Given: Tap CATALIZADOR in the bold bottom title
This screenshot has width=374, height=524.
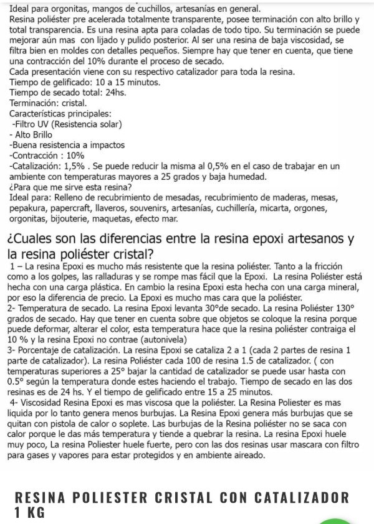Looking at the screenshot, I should [x=284, y=497].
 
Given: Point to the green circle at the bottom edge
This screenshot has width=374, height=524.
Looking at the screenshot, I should [x=336, y=520].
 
